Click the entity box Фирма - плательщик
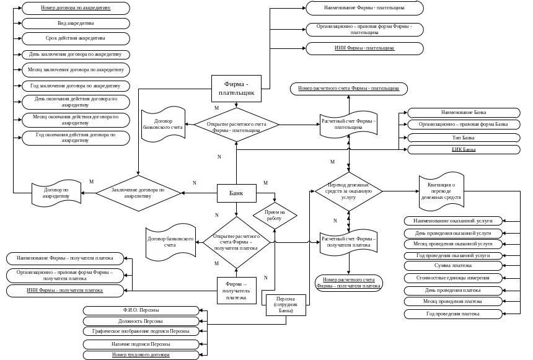pyautogui.click(x=236, y=89)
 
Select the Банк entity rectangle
pyautogui.click(x=236, y=193)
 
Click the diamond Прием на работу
pyautogui.click(x=274, y=215)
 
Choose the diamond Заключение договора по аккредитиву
pyautogui.click(x=138, y=193)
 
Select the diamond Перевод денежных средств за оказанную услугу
pyautogui.click(x=348, y=191)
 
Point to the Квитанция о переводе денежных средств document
pyautogui.click(x=441, y=191)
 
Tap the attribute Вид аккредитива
pyautogui.click(x=76, y=23)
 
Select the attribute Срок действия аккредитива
pyautogui.click(x=76, y=38)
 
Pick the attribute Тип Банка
pyautogui.click(x=464, y=137)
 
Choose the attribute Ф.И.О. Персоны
pyautogui.click(x=141, y=310)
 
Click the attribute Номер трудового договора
pyautogui.click(x=141, y=354)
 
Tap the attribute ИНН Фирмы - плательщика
pyautogui.click(x=364, y=48)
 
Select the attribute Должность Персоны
pyautogui.click(x=141, y=321)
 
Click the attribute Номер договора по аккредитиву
pyautogui.click(x=76, y=8)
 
